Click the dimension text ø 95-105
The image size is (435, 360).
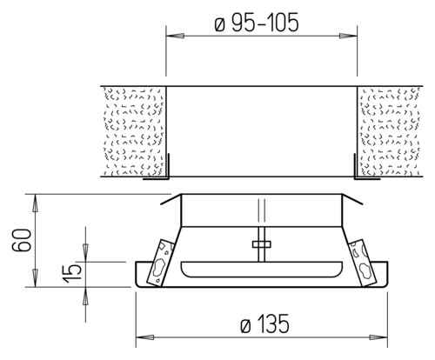(x=257, y=23)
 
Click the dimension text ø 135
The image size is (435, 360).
(x=264, y=323)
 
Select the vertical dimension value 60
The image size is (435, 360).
(x=22, y=240)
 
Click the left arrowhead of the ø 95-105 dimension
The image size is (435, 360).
(x=175, y=36)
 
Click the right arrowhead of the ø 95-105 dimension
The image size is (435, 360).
(x=348, y=36)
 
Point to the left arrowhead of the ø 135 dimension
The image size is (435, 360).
(x=144, y=337)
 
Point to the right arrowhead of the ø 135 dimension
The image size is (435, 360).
(x=378, y=337)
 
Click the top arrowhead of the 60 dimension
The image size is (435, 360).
(x=36, y=203)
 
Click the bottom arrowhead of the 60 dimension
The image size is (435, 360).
(x=36, y=277)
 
